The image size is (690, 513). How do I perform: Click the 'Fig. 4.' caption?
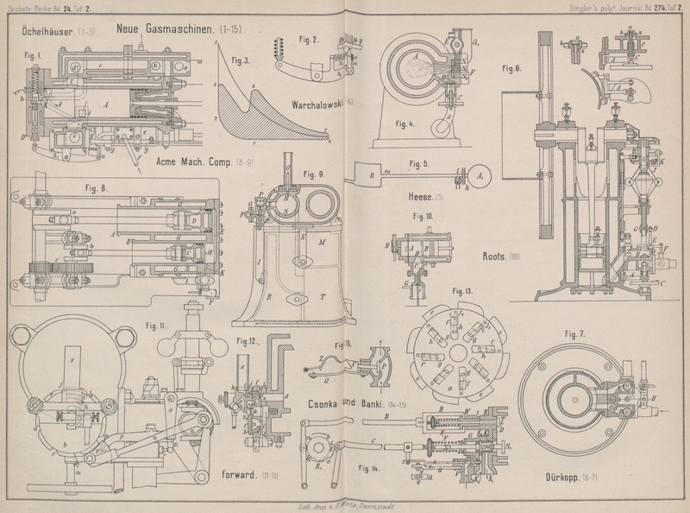[404, 123]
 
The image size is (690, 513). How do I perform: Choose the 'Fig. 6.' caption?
[511, 69]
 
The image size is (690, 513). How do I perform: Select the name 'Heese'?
[425, 196]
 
